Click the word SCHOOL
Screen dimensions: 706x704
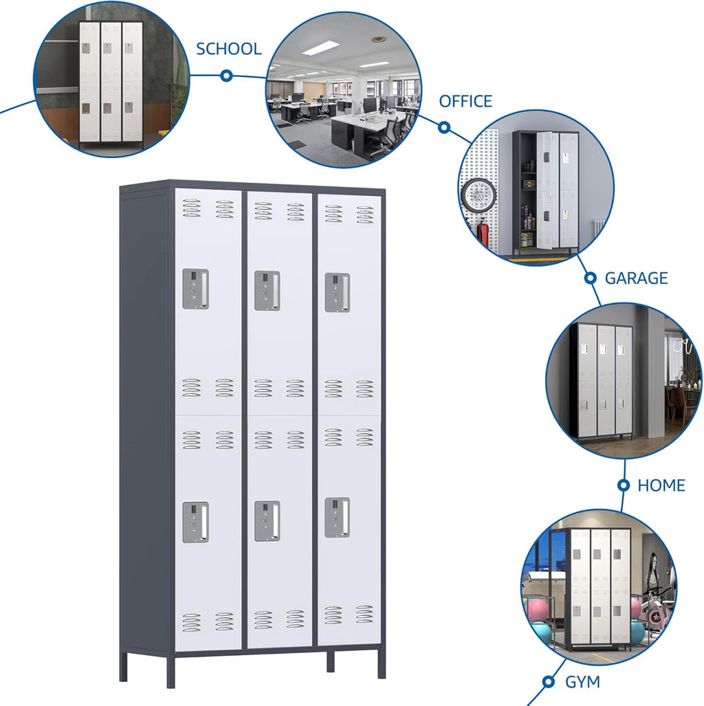[229, 49]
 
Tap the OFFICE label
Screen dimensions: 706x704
[465, 102]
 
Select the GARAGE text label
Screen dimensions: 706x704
[636, 278]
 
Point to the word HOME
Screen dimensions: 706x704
[661, 486]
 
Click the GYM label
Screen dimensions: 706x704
[582, 682]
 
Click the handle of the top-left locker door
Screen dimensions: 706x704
[195, 289]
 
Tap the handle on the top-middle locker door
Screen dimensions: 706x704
[267, 290]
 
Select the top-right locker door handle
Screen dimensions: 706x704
[337, 292]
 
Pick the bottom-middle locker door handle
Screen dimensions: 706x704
[267, 520]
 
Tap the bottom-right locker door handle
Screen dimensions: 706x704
[337, 517]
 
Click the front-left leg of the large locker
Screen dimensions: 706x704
[170, 671]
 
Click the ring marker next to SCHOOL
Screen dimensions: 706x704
[226, 76]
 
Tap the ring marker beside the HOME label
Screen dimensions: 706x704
[624, 485]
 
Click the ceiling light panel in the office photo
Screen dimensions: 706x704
[320, 48]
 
